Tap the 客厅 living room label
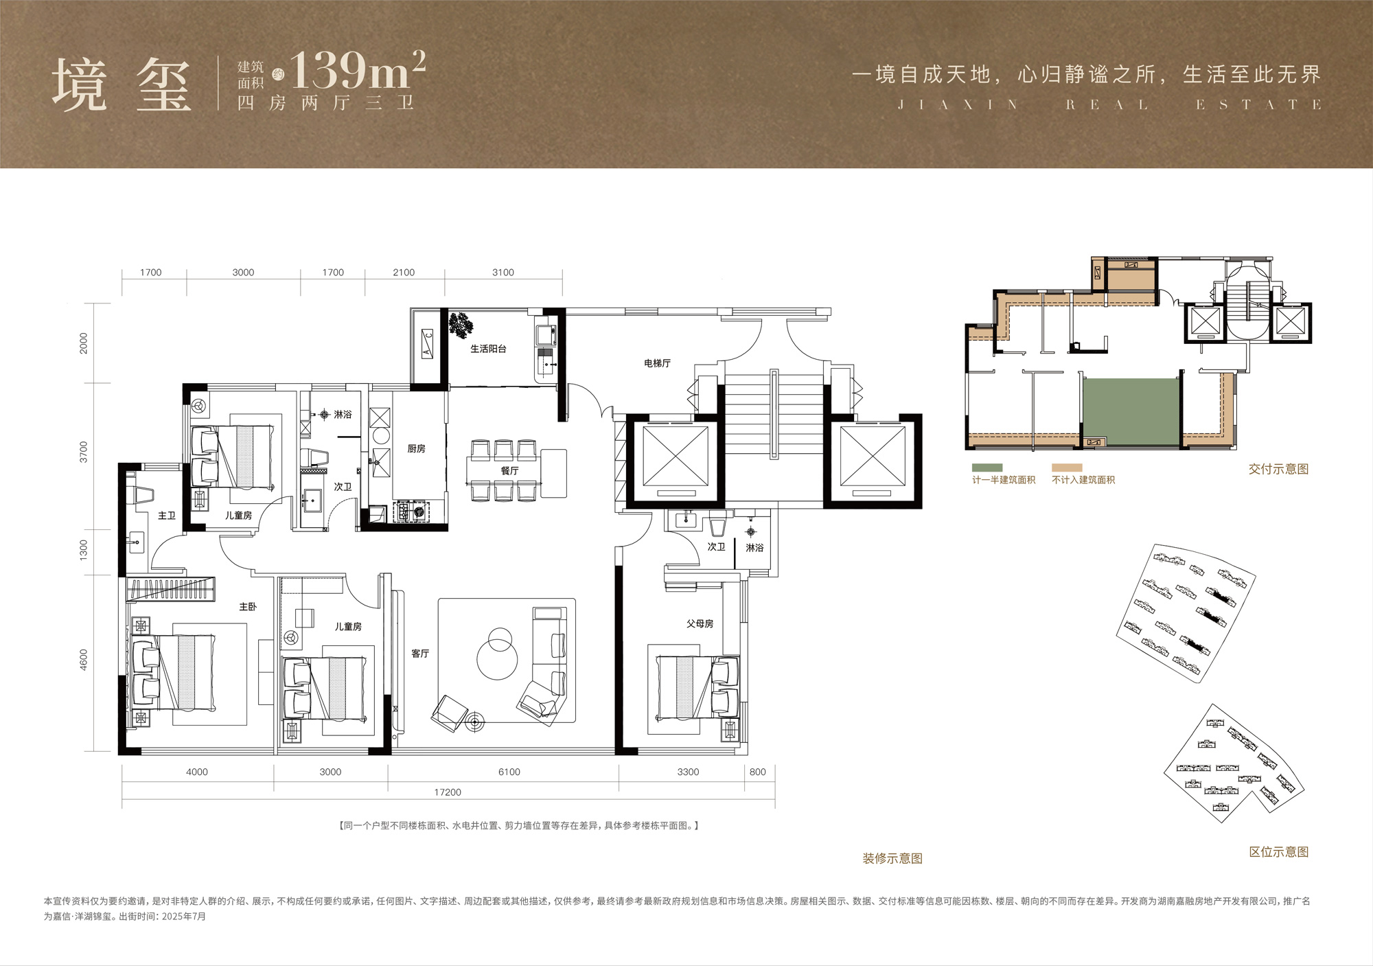point(420,654)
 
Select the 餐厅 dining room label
point(509,471)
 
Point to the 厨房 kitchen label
point(416,448)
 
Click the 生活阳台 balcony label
point(488,349)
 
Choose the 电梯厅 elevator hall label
point(657,363)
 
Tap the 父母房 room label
point(700,623)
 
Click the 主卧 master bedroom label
point(248,607)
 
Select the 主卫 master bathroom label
point(167,516)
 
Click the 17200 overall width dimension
point(448,792)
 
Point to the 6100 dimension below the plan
point(509,772)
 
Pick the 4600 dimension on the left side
point(84,660)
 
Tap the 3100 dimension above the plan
point(503,273)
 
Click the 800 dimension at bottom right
point(757,772)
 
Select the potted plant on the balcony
point(461,323)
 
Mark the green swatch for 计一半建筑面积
point(987,468)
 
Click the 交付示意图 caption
point(1278,469)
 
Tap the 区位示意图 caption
point(1278,852)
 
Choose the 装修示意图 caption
point(892,858)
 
